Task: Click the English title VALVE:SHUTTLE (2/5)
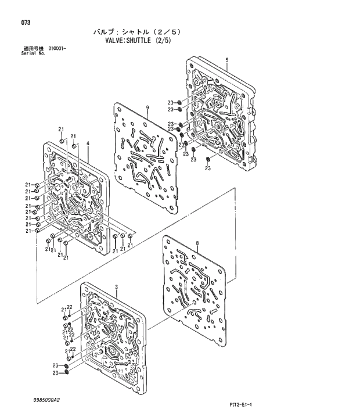click(x=138, y=41)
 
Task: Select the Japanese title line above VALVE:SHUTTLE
click(x=138, y=31)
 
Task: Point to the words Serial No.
click(x=33, y=53)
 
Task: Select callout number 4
click(x=87, y=143)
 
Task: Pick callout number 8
click(x=197, y=242)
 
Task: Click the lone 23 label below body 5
click(x=207, y=168)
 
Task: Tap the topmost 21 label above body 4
click(x=60, y=128)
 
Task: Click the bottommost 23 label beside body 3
click(x=56, y=372)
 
